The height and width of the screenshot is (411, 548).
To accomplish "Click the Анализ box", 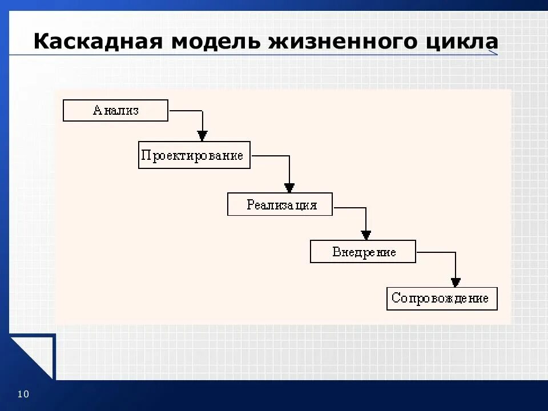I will coord(115,110).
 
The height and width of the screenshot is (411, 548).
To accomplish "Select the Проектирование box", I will coord(194,155).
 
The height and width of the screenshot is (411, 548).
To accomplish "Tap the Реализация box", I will coord(280,204).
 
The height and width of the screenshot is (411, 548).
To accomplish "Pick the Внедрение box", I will coord(363,251).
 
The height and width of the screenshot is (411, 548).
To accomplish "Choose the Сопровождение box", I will coord(442,299).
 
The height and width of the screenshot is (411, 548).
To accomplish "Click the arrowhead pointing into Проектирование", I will coord(202,136).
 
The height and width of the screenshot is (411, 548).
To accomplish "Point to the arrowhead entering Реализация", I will coord(289,187).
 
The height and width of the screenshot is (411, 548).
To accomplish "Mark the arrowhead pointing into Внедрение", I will coord(366,235).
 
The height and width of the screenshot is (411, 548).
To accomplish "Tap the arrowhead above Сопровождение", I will coord(456,282).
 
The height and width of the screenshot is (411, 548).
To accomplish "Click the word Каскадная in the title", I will coord(96,42).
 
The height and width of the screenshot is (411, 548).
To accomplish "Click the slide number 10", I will coord(23,394).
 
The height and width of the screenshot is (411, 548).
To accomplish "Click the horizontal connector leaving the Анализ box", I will coord(185,110).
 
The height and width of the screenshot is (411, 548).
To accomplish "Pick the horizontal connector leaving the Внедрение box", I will coord(435,252).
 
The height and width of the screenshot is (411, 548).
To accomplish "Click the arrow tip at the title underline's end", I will coord(494,53).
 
